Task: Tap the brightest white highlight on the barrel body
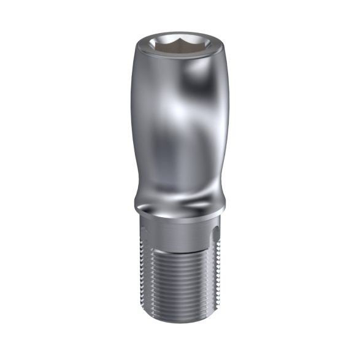click(179, 110)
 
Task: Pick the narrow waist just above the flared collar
click(178, 187)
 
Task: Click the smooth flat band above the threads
click(178, 236)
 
